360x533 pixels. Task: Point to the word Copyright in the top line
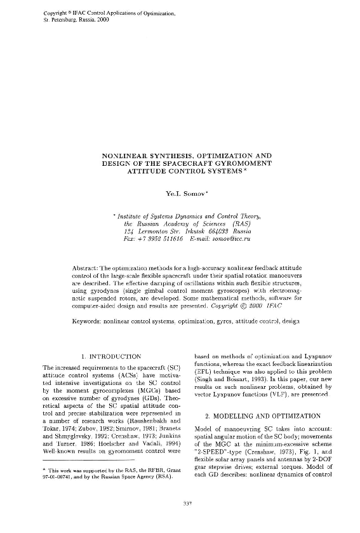(x=55, y=13)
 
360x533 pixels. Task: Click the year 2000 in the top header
(x=103, y=20)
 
